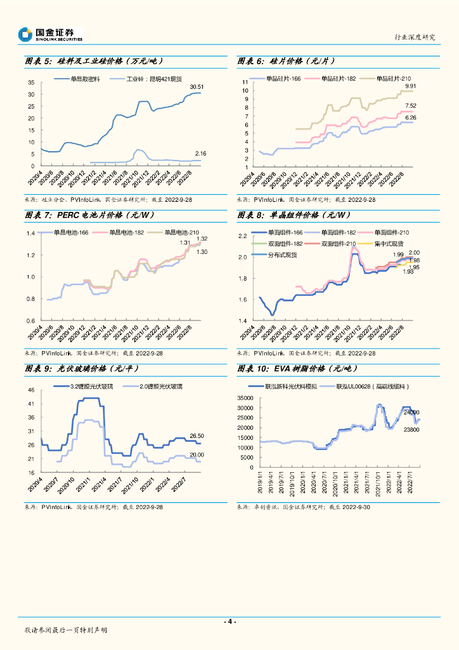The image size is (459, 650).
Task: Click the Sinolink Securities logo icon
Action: click(25, 34)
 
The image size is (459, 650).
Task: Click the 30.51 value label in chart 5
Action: click(197, 86)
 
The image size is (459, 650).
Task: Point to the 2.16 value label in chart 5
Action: click(200, 154)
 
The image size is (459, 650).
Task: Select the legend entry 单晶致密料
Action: click(86, 79)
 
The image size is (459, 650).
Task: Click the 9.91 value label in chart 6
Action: click(410, 86)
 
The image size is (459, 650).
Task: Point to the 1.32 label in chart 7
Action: click(202, 238)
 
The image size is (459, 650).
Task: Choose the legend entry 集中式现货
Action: click(389, 243)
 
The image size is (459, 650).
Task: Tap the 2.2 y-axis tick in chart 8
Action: click(242, 236)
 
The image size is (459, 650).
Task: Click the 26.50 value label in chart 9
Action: click(197, 435)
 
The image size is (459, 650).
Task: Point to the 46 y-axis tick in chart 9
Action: click(30, 390)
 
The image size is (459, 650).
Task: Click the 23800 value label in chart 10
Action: click(411, 430)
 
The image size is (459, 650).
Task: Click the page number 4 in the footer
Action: click(230, 621)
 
